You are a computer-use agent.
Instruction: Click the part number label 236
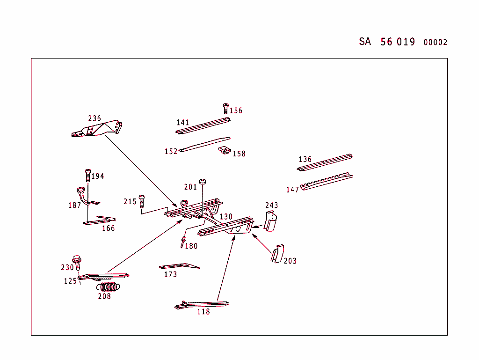tap(94, 118)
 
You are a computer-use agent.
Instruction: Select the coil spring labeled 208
tap(108, 287)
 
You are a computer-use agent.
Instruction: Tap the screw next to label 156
tap(225, 109)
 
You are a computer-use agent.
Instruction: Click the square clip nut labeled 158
tap(225, 150)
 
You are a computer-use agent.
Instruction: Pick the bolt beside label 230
tap(77, 263)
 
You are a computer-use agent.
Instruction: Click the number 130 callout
tap(226, 217)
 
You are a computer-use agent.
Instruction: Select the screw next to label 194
tap(87, 175)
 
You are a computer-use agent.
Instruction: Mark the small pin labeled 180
tap(182, 242)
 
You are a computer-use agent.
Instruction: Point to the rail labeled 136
tap(325, 162)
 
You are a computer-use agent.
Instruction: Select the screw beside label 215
tap(141, 200)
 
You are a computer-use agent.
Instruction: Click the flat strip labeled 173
tap(179, 266)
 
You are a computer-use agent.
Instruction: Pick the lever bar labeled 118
tap(201, 305)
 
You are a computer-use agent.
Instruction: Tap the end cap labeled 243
tap(270, 220)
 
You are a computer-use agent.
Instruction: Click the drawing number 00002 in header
tap(435, 42)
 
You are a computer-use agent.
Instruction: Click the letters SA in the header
tap(365, 41)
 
